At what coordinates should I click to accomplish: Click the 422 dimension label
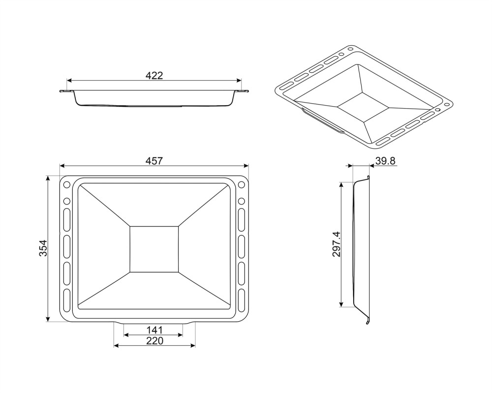click(x=154, y=75)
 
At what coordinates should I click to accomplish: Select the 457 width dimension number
click(x=154, y=161)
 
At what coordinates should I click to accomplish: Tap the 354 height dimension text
click(x=43, y=248)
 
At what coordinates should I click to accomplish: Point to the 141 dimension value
click(x=154, y=330)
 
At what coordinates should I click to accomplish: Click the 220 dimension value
click(x=154, y=341)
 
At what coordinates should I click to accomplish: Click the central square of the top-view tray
click(x=154, y=249)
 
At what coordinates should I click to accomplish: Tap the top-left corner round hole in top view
click(x=67, y=185)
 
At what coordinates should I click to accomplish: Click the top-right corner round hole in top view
click(x=241, y=185)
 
